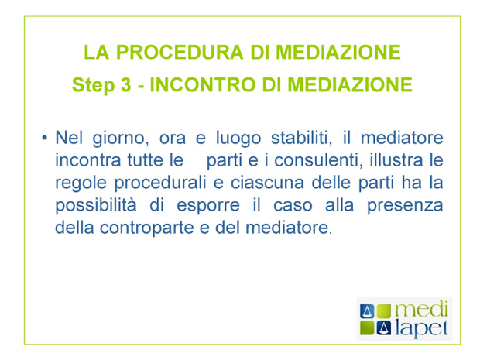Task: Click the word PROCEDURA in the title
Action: [x=180, y=52]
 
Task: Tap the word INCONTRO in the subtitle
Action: [x=202, y=84]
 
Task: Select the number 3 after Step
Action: [x=126, y=84]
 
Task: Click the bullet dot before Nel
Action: [x=45, y=138]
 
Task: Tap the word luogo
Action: [x=238, y=139]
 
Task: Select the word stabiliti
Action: [x=301, y=138]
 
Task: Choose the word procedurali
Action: [x=160, y=183]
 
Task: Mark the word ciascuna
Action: [x=267, y=183]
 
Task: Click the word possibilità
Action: [x=96, y=206]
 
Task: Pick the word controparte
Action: [x=147, y=228]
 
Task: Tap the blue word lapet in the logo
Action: [x=421, y=328]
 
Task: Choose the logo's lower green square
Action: [x=367, y=328]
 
